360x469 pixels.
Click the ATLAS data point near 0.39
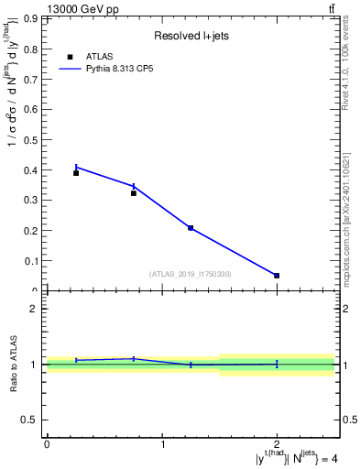tap(76, 173)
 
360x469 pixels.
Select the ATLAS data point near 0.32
tap(134, 193)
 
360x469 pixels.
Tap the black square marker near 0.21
tap(191, 227)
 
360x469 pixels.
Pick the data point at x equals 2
tap(277, 275)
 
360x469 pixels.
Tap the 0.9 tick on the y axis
tap(28, 18)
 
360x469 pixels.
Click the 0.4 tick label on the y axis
tap(28, 169)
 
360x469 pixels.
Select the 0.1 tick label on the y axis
tap(28, 260)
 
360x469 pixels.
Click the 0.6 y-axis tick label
tap(28, 109)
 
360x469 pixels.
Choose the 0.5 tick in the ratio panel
tap(29, 420)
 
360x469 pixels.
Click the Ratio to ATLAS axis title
tap(13, 365)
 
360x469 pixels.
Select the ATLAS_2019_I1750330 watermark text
tap(190, 274)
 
